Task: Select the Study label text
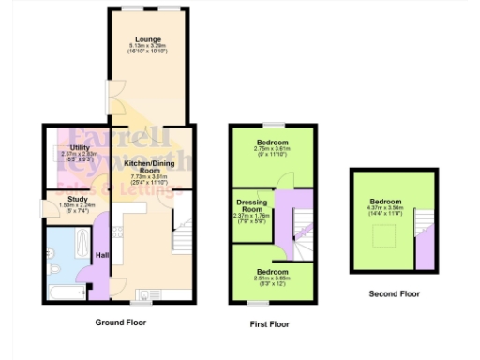(x=78, y=199)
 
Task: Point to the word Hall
(x=103, y=255)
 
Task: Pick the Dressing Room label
(x=251, y=204)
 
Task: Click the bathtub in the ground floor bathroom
(x=66, y=293)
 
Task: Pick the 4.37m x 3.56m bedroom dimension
(x=384, y=209)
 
